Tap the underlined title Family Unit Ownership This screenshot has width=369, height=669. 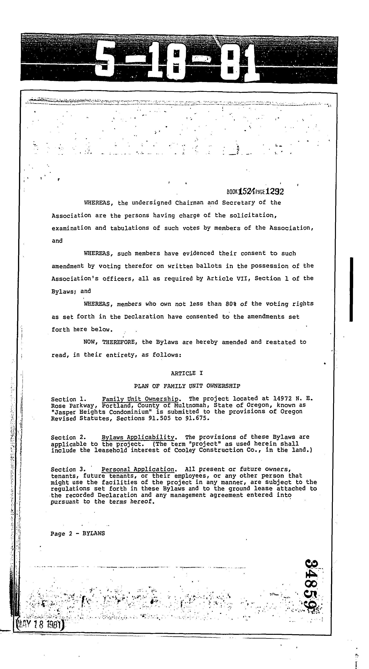click(x=140, y=399)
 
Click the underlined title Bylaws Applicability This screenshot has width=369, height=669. click(x=138, y=437)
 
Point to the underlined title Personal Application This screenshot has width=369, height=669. click(x=138, y=470)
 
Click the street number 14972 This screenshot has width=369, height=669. click(x=282, y=399)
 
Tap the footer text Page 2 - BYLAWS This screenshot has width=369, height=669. click(x=78, y=534)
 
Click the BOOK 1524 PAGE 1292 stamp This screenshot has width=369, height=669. click(x=255, y=192)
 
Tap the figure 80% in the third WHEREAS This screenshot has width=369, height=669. click(x=231, y=304)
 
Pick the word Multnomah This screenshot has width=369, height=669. click(x=190, y=405)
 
